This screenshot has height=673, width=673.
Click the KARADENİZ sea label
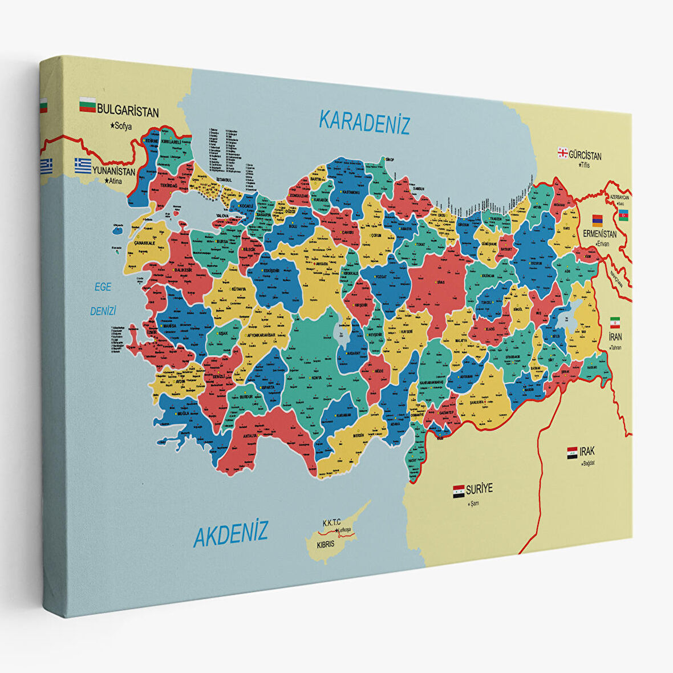click(x=364, y=122)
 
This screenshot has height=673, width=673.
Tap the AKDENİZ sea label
click(x=230, y=534)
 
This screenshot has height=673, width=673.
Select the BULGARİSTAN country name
click(x=128, y=110)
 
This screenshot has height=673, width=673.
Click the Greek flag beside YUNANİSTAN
click(x=82, y=165)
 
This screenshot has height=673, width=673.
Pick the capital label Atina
click(x=113, y=181)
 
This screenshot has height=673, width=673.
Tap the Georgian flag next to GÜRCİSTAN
click(x=562, y=152)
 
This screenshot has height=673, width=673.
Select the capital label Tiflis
click(x=582, y=165)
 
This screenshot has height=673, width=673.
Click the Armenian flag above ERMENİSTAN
click(x=597, y=220)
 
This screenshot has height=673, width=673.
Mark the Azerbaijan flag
click(x=623, y=214)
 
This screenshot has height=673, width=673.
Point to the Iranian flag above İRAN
click(x=615, y=322)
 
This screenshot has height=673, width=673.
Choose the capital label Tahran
click(x=615, y=347)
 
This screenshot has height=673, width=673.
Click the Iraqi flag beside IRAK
click(x=572, y=453)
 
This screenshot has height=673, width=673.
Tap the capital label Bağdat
click(x=587, y=463)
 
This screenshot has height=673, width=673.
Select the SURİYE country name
click(x=479, y=489)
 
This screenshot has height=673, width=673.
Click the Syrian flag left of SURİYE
click(x=459, y=491)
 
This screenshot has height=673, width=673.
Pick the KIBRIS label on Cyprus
click(x=326, y=544)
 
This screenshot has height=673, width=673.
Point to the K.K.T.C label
click(x=331, y=522)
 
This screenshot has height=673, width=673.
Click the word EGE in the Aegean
click(x=103, y=287)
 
